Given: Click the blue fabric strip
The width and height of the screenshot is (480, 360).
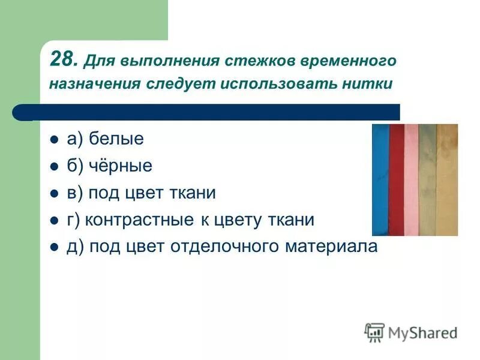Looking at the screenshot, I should (x=380, y=180).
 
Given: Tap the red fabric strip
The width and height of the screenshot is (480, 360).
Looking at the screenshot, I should (x=397, y=180).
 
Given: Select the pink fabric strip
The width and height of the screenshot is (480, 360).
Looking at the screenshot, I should (x=412, y=180).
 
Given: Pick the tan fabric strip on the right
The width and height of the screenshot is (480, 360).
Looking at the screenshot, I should (x=447, y=180).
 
